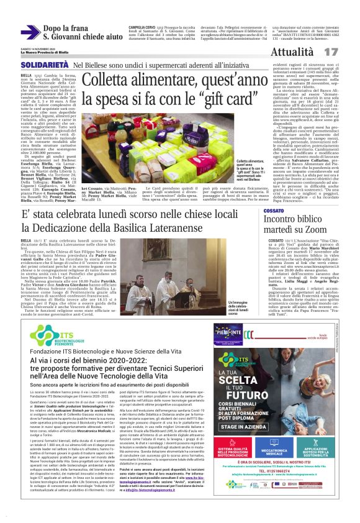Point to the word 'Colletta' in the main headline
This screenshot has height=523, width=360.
pos(112,80)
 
